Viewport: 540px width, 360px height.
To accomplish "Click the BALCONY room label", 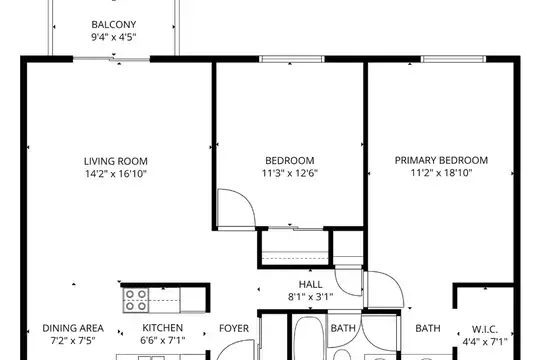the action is (x=114, y=24).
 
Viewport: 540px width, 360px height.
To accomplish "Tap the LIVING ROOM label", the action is (x=116, y=161).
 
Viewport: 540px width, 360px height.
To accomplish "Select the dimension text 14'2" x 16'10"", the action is (x=116, y=174).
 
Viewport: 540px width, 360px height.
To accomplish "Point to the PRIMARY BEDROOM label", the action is (x=441, y=160).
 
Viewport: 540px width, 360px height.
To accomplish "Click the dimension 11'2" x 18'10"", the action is (x=441, y=173).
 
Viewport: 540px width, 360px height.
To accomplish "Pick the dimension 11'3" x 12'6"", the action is (x=290, y=173).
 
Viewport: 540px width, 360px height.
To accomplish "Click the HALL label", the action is (x=311, y=284).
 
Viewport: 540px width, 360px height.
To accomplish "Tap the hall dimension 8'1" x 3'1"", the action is (x=311, y=297).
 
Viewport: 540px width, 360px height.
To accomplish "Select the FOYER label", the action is (x=234, y=328).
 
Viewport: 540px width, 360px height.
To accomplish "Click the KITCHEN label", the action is (x=163, y=328).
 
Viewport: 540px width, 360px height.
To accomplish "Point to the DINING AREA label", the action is (x=73, y=328).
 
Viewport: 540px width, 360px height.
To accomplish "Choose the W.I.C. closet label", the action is (x=485, y=329).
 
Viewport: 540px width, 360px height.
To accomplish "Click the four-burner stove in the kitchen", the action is (x=136, y=300).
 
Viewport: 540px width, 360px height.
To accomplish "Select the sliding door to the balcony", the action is (x=111, y=59).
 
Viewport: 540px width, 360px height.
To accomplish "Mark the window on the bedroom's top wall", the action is (x=291, y=59).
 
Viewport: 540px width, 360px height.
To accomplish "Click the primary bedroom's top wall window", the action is (x=453, y=59).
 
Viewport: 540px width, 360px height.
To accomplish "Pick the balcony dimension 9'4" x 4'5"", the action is (x=114, y=37).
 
